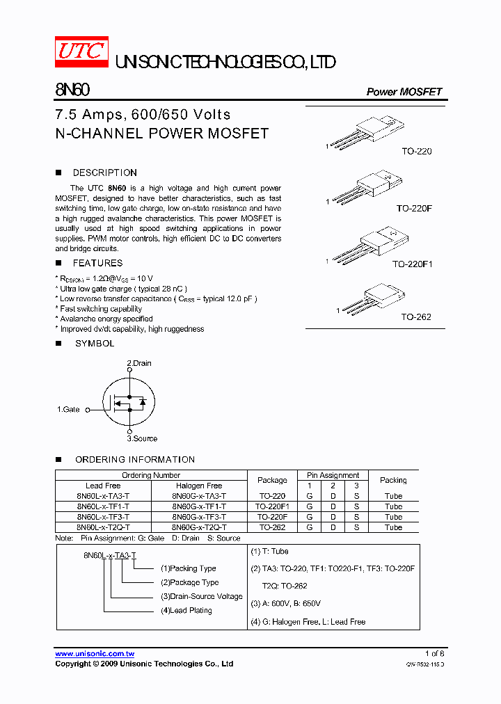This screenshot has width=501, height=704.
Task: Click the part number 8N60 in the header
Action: [x=72, y=91]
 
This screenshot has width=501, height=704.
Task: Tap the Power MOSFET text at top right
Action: [x=404, y=92]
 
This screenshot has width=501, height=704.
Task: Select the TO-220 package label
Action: [x=416, y=151]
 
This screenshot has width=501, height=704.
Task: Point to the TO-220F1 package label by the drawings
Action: [x=412, y=264]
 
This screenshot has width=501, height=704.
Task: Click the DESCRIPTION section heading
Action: [x=104, y=173]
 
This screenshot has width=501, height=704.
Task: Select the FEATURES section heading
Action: [x=97, y=263]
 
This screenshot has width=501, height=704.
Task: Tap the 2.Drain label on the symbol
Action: [x=138, y=363]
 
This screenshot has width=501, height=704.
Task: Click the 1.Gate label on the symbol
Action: [x=68, y=410]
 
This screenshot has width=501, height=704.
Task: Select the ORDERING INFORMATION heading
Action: [x=134, y=459]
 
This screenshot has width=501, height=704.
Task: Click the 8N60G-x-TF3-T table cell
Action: [x=199, y=517]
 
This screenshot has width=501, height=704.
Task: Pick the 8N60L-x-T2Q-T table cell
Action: [x=103, y=527]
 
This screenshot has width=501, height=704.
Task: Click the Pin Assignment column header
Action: [x=333, y=475]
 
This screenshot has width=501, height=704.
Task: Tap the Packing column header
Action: [x=393, y=480]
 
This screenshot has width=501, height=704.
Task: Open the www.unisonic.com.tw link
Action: [x=95, y=654]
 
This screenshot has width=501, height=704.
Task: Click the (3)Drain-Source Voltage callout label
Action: [x=202, y=596]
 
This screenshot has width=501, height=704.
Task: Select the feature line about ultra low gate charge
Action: [x=123, y=288]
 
